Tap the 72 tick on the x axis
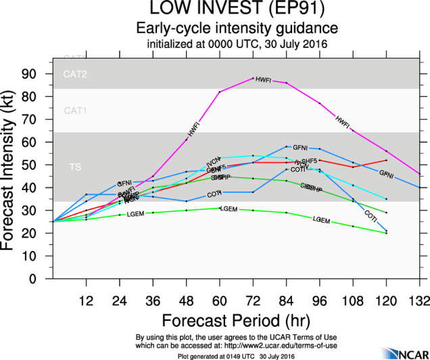[253, 300]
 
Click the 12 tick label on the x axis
[87, 300]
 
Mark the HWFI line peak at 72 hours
[253, 78]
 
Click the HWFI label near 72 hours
[264, 80]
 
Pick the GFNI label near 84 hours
[300, 147]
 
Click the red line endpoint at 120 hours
[385, 160]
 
